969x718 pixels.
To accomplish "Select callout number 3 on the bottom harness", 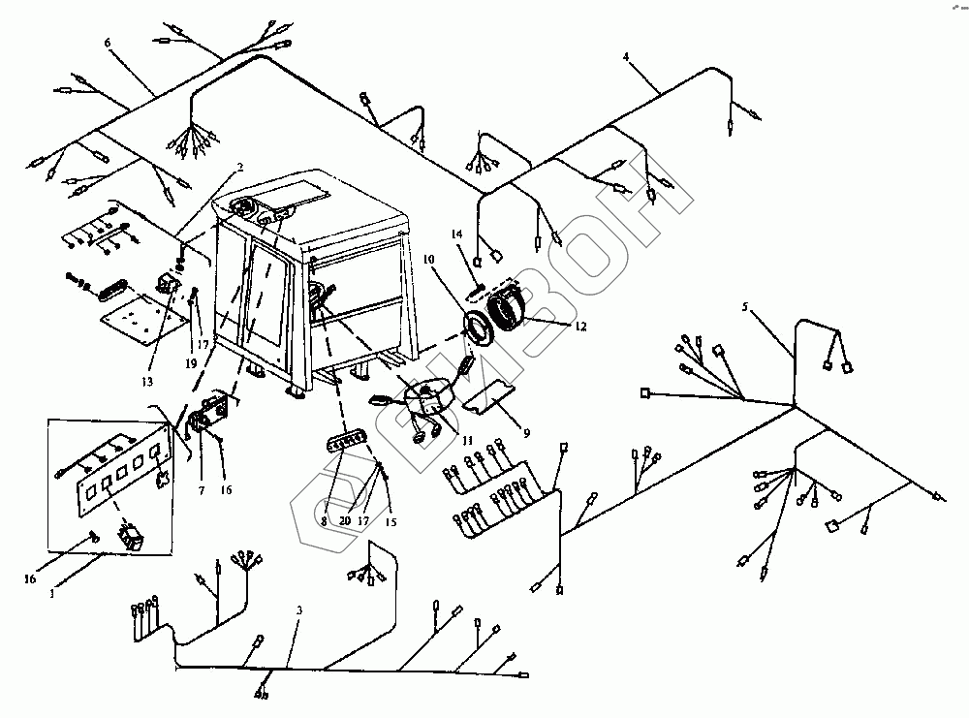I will tap(299, 610).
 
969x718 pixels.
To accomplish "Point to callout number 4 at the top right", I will tap(627, 58).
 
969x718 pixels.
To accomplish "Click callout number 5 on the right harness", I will tap(745, 308).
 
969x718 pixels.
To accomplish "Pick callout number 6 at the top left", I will tap(108, 44).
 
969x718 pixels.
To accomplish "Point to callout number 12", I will tap(579, 327).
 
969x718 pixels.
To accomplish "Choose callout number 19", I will tap(191, 362).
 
